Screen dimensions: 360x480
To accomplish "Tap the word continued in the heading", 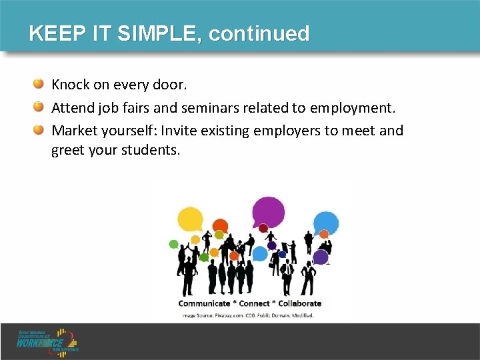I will [259, 33].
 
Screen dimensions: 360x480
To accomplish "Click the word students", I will [150, 150].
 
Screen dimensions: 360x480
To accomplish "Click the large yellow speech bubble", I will [190, 219].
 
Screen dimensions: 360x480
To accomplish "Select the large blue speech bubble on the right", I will [326, 222].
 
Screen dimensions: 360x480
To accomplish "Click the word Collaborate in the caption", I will [299, 303].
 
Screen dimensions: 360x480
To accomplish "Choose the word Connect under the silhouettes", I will [254, 303].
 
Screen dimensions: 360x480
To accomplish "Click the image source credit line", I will [248, 315].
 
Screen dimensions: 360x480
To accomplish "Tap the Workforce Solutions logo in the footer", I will [49, 341].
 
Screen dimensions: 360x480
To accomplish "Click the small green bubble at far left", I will [174, 244].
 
